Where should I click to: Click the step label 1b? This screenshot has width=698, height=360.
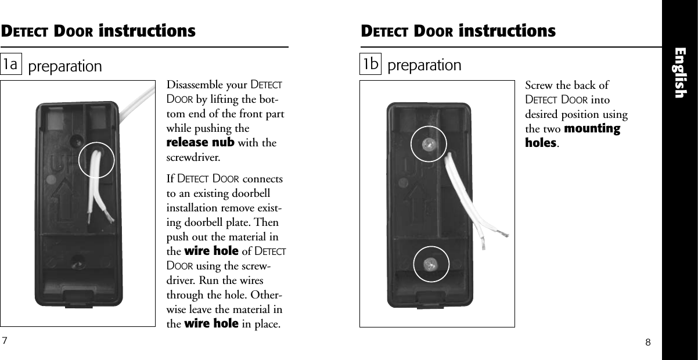coord(371,64)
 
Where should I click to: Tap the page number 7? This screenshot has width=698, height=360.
coord(5,340)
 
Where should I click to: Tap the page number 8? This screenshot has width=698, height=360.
coord(648,343)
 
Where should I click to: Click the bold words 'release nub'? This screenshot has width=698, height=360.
coord(200,143)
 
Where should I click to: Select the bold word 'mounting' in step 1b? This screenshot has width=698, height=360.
coord(592,128)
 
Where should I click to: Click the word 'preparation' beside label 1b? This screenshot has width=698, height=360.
coord(424,65)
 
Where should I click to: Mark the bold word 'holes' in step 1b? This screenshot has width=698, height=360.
coord(541,142)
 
